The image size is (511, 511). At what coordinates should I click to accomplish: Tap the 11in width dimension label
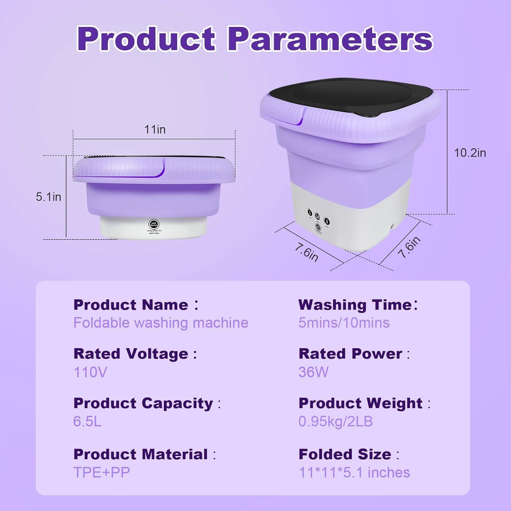(155, 129)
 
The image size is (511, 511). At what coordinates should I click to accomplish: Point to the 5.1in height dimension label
(48, 197)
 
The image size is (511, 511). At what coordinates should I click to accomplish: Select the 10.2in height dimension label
(470, 153)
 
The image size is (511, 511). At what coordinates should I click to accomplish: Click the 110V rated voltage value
(90, 372)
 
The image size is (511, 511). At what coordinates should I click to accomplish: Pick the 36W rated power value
(313, 372)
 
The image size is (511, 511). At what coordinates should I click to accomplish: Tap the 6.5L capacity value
(88, 422)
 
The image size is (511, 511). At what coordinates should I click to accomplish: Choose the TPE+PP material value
(102, 473)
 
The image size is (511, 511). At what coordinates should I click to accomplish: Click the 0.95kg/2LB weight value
(336, 422)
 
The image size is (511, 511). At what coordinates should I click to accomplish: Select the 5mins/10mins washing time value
(344, 323)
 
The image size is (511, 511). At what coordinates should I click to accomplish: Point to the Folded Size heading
(345, 454)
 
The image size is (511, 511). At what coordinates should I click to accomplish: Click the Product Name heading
(131, 305)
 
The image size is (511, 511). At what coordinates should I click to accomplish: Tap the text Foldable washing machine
(161, 323)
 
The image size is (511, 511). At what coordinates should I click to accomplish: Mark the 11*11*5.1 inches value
(354, 473)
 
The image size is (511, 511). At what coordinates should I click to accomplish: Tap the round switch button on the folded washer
(154, 224)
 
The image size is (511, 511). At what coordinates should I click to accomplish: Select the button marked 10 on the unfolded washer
(318, 216)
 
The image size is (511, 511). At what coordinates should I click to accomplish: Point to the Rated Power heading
(350, 354)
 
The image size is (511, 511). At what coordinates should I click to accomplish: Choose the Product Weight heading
(360, 403)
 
